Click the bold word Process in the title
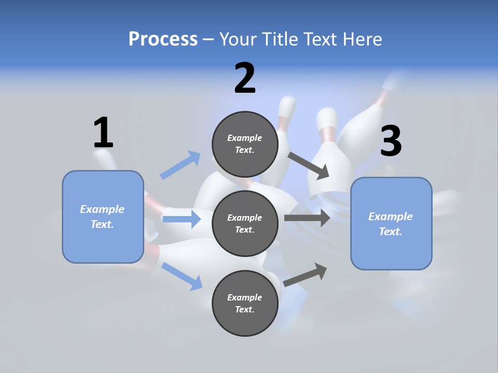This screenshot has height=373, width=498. click(x=163, y=39)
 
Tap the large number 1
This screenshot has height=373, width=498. click(x=103, y=133)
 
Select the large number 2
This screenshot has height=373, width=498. click(x=245, y=78)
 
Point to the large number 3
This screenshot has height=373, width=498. click(x=391, y=141)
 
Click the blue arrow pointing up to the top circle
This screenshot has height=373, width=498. click(x=181, y=165)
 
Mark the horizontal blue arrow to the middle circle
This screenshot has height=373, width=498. click(x=182, y=219)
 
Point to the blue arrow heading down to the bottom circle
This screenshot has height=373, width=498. click(x=182, y=276)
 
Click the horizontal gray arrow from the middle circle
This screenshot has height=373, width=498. click(x=307, y=218)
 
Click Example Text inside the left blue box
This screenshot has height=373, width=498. click(x=102, y=217)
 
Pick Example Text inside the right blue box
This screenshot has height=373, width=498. click(x=391, y=224)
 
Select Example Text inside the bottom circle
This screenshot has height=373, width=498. click(x=245, y=303)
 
